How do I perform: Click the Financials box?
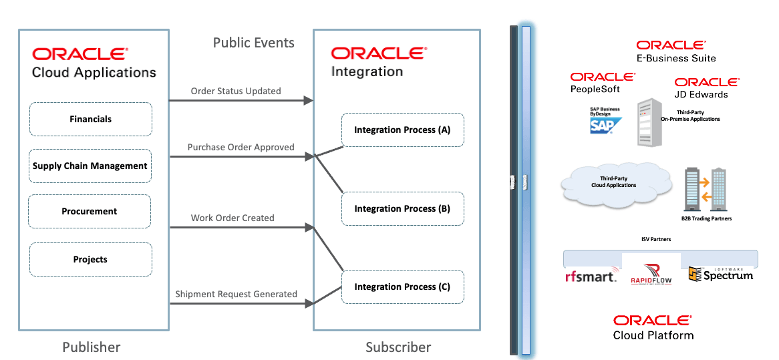(x=90, y=120)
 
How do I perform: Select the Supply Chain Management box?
(x=90, y=166)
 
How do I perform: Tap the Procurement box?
(x=90, y=211)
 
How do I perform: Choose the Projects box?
(x=90, y=259)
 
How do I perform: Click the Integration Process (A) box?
(x=402, y=130)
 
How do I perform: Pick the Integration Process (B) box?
(x=402, y=208)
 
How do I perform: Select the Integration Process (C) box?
(x=402, y=287)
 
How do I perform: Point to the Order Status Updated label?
(x=236, y=91)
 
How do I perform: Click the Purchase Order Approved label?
(x=241, y=147)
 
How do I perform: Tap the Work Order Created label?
(x=232, y=218)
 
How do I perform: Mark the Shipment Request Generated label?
(x=236, y=294)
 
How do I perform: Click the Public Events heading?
(x=253, y=43)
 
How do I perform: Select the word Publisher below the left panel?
(x=92, y=347)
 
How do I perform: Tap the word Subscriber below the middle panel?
(x=398, y=347)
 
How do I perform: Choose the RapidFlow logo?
(x=651, y=274)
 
